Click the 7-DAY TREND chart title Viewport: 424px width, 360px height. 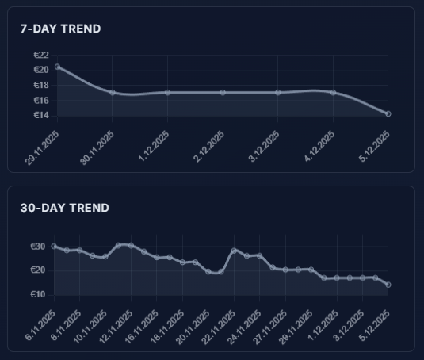point(60,29)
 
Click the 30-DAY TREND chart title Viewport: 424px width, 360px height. point(64,208)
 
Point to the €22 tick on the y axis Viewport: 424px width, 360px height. point(41,56)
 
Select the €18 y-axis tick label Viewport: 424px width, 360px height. point(41,86)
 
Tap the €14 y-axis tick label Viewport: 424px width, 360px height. point(41,116)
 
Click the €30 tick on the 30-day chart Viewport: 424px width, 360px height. point(38,247)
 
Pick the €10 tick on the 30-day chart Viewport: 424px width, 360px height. point(38,294)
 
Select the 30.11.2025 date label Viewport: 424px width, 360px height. point(97,147)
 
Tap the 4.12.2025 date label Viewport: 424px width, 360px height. point(320,147)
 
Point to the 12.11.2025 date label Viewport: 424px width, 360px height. point(115,327)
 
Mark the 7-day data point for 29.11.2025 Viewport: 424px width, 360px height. point(57,67)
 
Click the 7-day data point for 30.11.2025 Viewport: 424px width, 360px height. point(113,93)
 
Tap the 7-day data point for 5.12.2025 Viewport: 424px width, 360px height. point(388,114)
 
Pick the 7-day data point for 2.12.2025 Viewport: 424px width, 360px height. point(223,93)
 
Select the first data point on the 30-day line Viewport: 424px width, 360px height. point(54,246)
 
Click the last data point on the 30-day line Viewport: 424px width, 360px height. point(388,285)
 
